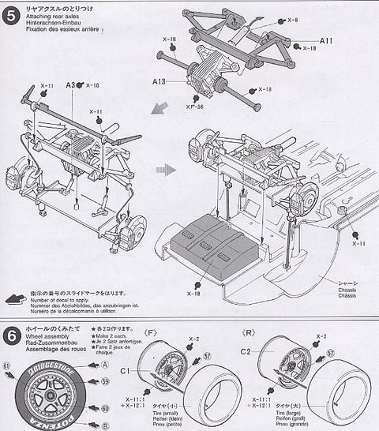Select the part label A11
click(327, 40)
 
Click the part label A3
click(70, 85)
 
